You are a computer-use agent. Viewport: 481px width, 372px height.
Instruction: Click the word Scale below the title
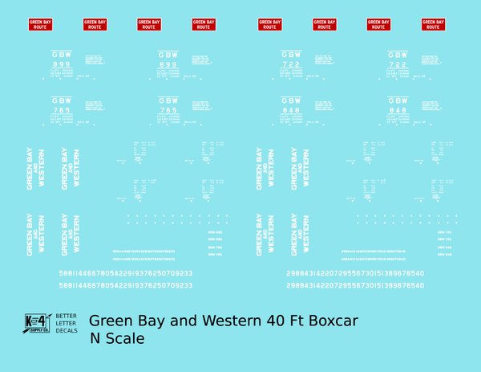point(126,338)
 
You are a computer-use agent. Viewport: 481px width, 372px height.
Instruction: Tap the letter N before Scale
point(96,338)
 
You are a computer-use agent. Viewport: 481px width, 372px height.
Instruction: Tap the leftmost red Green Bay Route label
point(39,25)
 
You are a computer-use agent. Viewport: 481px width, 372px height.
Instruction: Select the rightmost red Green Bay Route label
point(433,25)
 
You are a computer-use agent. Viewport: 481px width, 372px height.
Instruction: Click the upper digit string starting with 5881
point(125,273)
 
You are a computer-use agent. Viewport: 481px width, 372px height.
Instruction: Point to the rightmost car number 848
point(398,110)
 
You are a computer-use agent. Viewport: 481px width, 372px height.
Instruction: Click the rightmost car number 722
point(398,65)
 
